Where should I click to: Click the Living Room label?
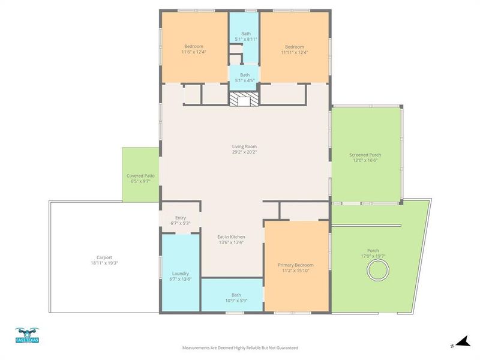click(245, 146)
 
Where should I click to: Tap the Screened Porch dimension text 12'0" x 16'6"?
click(365, 160)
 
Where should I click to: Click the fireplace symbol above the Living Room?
click(245, 99)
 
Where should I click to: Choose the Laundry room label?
click(181, 273)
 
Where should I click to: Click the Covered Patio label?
click(140, 175)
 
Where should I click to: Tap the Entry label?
click(181, 218)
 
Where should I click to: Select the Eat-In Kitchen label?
click(231, 236)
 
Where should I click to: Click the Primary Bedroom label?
click(295, 265)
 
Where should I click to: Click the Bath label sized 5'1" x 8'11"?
click(245, 34)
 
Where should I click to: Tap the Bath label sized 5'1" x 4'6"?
click(245, 75)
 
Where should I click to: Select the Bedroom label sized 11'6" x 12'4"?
click(193, 47)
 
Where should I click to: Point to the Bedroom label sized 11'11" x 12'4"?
click(295, 47)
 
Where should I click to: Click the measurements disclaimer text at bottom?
click(240, 347)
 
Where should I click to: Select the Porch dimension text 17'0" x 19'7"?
click(373, 256)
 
